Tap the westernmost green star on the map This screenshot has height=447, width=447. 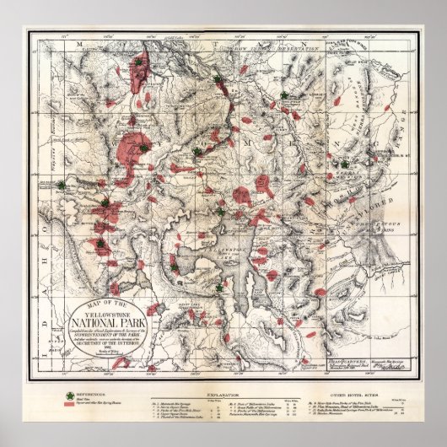pos(61,185)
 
